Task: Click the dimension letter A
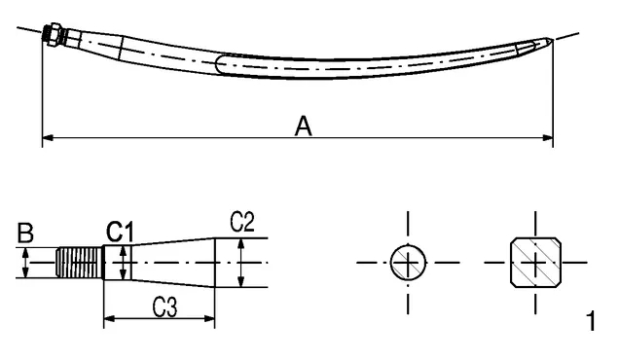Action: pyautogui.click(x=304, y=126)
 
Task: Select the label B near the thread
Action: pyautogui.click(x=25, y=233)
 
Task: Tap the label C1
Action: pyautogui.click(x=120, y=232)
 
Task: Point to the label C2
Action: pyautogui.click(x=242, y=222)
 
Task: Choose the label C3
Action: pyautogui.click(x=165, y=307)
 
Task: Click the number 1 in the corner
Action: pyautogui.click(x=591, y=321)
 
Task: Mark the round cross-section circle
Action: pyautogui.click(x=408, y=263)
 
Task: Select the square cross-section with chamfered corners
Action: pyautogui.click(x=535, y=263)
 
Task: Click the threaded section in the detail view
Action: pyautogui.click(x=80, y=263)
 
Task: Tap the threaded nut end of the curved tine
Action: pyautogui.click(x=52, y=32)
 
